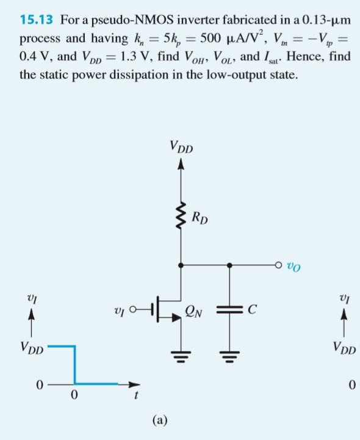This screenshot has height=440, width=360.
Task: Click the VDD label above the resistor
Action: click(180, 147)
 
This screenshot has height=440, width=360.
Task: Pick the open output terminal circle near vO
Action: click(278, 265)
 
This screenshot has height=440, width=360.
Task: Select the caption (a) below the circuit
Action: click(160, 419)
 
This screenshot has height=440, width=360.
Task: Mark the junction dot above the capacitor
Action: click(230, 265)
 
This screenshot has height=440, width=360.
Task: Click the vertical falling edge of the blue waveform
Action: click(75, 365)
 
